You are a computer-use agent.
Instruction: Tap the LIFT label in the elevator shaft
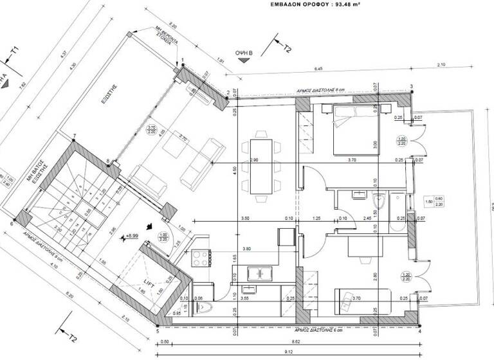coord(149,282)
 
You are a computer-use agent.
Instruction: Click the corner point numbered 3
coord(411,87)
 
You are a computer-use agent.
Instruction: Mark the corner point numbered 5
coord(156,326)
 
